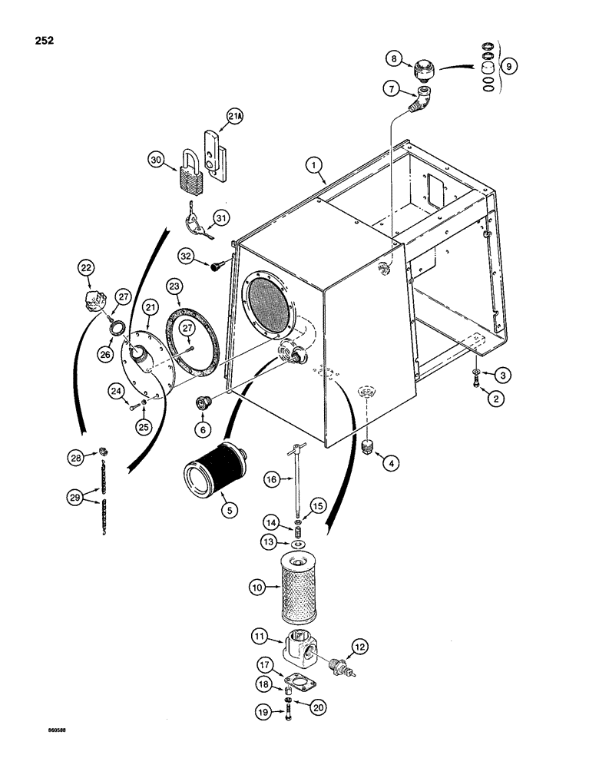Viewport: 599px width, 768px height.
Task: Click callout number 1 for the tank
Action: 313,164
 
